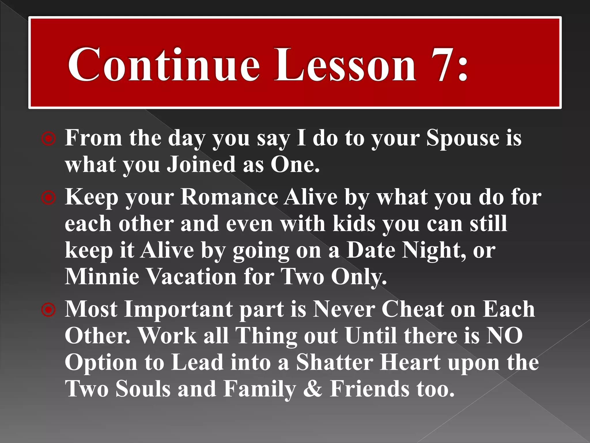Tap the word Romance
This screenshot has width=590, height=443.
pyautogui.click(x=229, y=197)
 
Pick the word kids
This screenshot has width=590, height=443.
pyautogui.click(x=354, y=224)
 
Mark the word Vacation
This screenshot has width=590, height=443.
pyautogui.click(x=192, y=276)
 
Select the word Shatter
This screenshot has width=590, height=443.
pyautogui.click(x=334, y=362)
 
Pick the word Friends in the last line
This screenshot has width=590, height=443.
pyautogui.click(x=369, y=389)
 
